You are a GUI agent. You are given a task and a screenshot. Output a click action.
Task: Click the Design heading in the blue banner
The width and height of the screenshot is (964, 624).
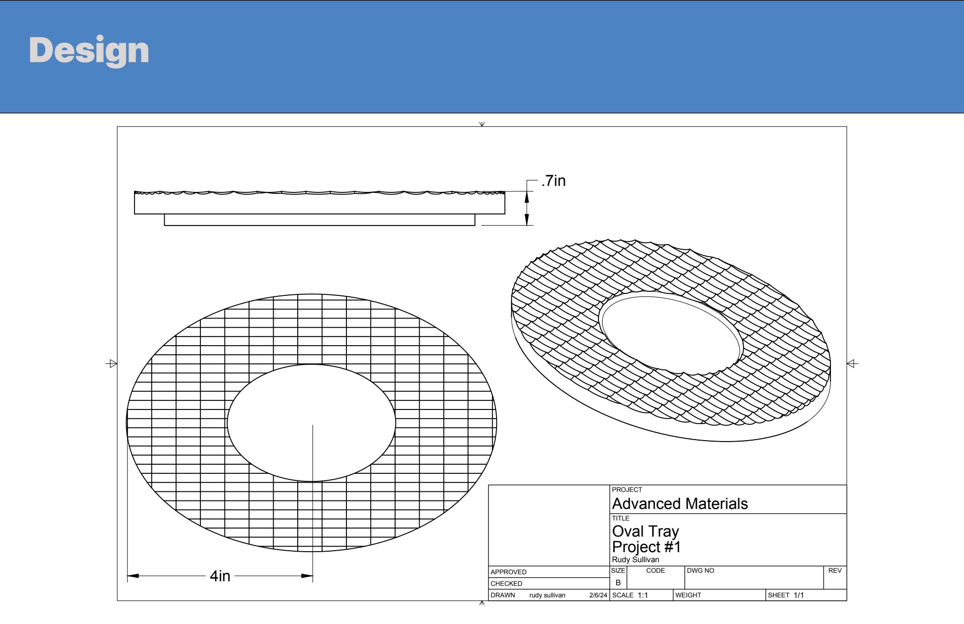(89, 50)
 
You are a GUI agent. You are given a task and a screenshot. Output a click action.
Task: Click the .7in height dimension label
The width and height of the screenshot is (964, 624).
(553, 181)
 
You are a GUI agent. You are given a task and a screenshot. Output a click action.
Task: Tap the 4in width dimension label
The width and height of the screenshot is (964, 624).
(220, 576)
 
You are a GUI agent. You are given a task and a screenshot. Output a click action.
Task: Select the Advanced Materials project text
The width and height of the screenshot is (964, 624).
(680, 503)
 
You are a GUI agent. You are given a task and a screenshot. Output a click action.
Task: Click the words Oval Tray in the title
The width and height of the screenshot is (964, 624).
(646, 531)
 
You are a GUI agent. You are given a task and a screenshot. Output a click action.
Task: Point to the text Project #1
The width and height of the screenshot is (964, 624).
(647, 547)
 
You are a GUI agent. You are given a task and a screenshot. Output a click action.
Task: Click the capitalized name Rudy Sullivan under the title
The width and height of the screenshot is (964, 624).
(636, 560)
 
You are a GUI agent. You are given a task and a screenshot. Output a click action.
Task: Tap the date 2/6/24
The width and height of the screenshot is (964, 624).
(598, 595)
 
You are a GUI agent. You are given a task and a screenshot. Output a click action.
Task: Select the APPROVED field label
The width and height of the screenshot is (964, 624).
(509, 572)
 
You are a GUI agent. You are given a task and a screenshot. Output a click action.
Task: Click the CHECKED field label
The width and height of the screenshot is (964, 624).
(507, 584)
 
